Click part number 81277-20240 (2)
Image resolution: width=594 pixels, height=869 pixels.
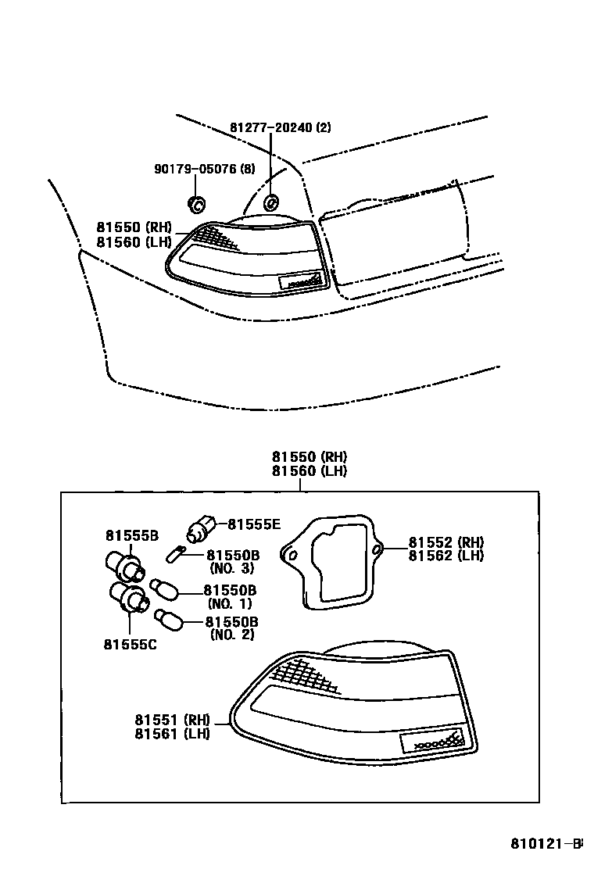[x=280, y=127]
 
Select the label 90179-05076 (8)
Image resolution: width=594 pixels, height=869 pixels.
[x=204, y=169]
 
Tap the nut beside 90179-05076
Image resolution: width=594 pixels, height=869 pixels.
[x=196, y=206]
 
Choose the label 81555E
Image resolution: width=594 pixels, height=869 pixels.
[x=253, y=525]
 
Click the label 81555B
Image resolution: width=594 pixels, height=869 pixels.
[x=132, y=535]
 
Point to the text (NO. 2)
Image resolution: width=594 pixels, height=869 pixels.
[x=232, y=635]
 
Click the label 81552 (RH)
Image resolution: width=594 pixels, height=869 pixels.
[x=445, y=542]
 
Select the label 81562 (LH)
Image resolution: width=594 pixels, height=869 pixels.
[x=445, y=556]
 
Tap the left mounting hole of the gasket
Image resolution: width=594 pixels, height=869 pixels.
[x=292, y=556]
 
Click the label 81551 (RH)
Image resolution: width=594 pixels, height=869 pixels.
[x=171, y=720]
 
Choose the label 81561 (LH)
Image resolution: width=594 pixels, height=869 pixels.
[x=171, y=734]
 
